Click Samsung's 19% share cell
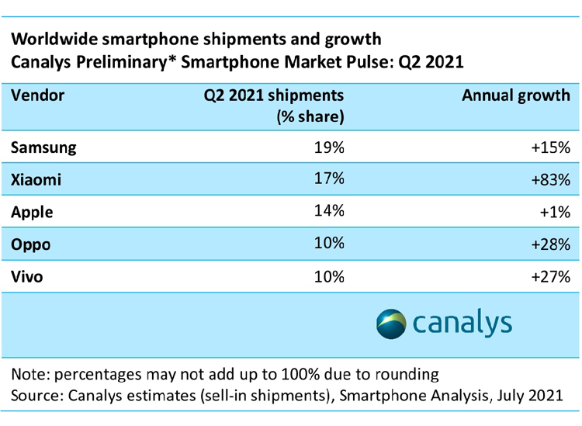(328, 147)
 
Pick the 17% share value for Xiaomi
(328, 179)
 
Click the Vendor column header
(39, 96)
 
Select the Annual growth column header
(516, 96)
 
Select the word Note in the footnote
(28, 374)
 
